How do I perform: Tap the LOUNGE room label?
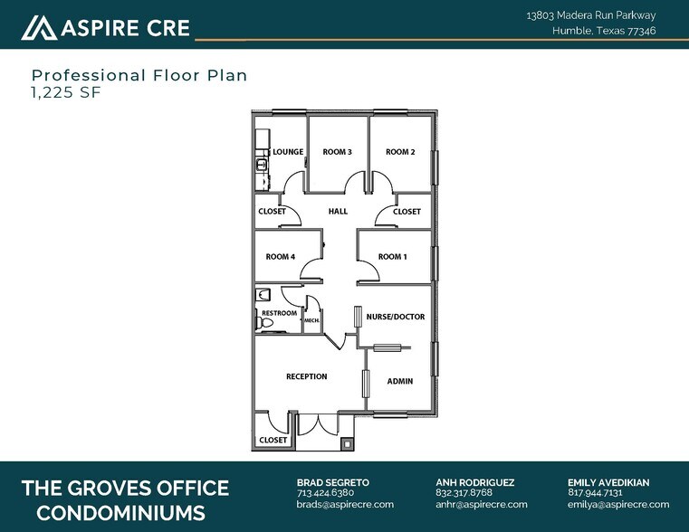pos(288,152)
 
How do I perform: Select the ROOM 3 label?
pos(337,152)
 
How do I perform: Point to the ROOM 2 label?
pos(400,152)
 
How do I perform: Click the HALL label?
pos(338,212)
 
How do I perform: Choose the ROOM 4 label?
pos(280,257)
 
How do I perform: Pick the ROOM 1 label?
pos(392,257)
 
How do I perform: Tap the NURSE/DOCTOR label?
pos(395,317)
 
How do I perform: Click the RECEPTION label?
pos(306,376)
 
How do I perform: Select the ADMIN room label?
pos(400,381)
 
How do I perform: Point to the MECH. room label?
pos(311,320)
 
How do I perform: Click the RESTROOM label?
pos(279,313)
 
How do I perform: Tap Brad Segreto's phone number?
pos(325,493)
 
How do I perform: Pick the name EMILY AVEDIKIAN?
pos(608,482)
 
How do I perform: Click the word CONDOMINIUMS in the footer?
pos(113,513)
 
